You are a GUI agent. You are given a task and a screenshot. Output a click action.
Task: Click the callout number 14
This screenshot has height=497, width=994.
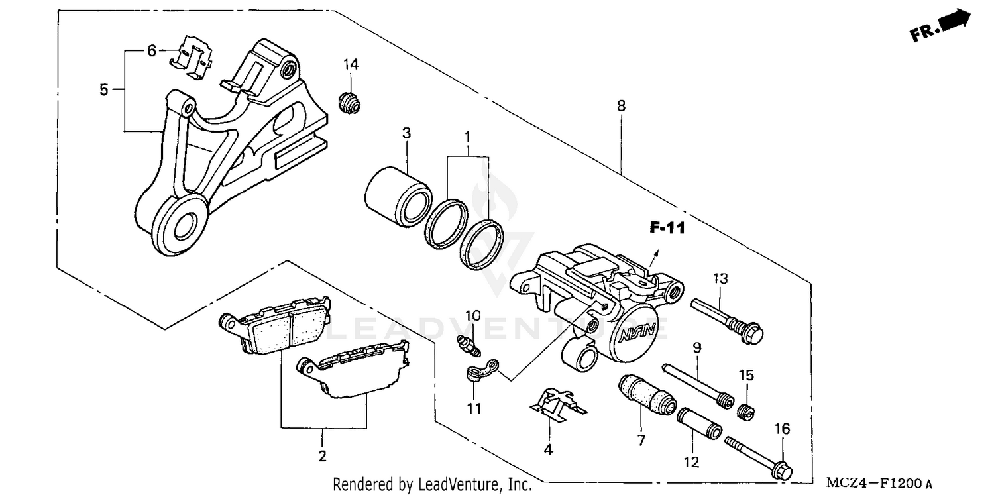[x=351, y=64]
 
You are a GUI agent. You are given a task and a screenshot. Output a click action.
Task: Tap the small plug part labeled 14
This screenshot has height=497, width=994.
[x=350, y=103]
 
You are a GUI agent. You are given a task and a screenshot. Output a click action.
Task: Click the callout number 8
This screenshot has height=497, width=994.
[x=621, y=105]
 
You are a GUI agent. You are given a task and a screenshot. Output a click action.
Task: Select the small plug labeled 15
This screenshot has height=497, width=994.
[x=747, y=413]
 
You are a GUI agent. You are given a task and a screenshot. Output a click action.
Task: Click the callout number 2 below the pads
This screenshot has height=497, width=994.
[x=323, y=455]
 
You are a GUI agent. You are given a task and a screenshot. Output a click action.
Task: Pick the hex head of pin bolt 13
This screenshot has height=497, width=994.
[x=752, y=332]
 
